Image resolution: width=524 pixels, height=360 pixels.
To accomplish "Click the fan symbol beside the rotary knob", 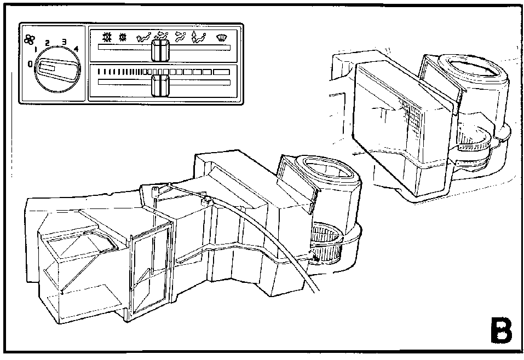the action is [30, 40].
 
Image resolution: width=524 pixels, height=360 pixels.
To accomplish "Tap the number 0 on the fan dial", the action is [30, 64].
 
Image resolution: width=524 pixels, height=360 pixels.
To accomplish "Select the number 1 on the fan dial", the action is [36, 51].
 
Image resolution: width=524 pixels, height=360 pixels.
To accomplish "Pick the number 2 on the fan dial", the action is [47, 43].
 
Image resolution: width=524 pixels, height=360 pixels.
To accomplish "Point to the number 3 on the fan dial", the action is [64, 42].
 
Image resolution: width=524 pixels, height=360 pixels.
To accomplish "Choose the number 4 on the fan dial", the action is [76, 49].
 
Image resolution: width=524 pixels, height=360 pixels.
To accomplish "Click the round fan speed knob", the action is [57, 69].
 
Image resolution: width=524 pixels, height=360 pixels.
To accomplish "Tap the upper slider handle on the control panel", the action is [160, 50].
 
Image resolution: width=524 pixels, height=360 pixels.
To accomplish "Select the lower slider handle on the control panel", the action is [160, 85].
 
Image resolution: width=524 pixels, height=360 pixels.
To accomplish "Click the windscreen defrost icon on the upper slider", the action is [221, 38].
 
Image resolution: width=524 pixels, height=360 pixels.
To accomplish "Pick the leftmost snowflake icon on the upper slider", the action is [107, 37].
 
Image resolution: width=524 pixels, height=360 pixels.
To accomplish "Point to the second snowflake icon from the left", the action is [123, 37].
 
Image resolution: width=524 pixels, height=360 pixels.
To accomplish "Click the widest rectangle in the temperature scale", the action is [221, 72].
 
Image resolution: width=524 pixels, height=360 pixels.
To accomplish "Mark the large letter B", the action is [501, 330].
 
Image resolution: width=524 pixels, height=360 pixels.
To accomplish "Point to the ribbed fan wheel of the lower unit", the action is [326, 243].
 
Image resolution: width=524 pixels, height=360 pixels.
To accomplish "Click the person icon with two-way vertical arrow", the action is [199, 37].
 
